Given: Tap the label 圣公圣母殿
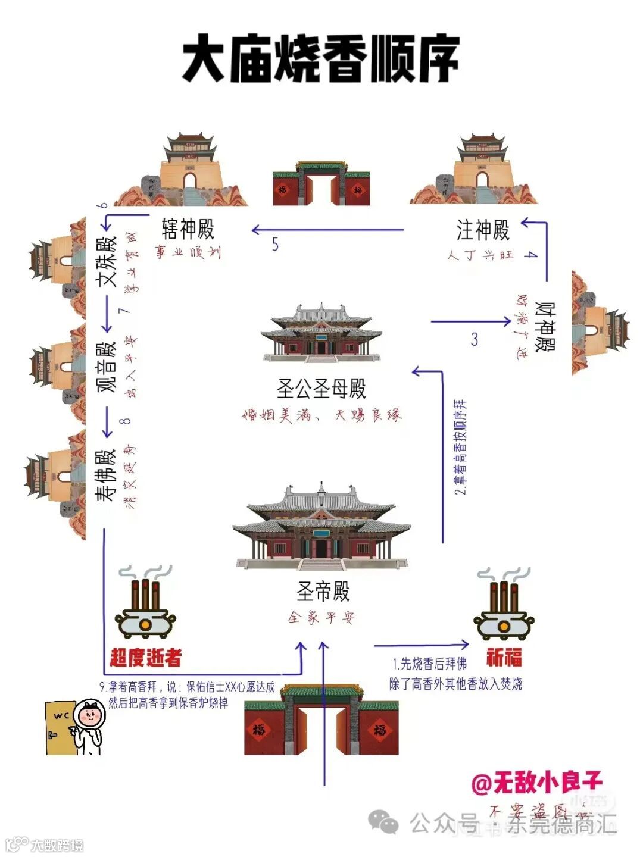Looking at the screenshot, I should (x=321, y=389).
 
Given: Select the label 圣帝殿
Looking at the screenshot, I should (x=323, y=592).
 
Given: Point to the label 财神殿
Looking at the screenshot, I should (x=545, y=327).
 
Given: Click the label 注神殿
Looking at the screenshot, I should (x=483, y=230).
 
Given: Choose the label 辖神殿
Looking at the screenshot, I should (x=188, y=229).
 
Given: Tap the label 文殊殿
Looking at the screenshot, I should (x=110, y=262).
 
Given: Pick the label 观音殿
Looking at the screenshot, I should (x=107, y=367).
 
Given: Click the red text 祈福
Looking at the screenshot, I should (x=504, y=657).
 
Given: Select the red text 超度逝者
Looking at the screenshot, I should (x=145, y=657).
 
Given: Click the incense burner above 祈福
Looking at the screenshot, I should (x=504, y=607).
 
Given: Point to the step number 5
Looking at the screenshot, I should (x=275, y=244).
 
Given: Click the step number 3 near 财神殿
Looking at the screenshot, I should (x=474, y=339).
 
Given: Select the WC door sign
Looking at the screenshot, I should (x=61, y=716).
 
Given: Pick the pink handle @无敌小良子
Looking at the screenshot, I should (x=537, y=783).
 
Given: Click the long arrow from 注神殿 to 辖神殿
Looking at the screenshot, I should (x=327, y=230).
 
